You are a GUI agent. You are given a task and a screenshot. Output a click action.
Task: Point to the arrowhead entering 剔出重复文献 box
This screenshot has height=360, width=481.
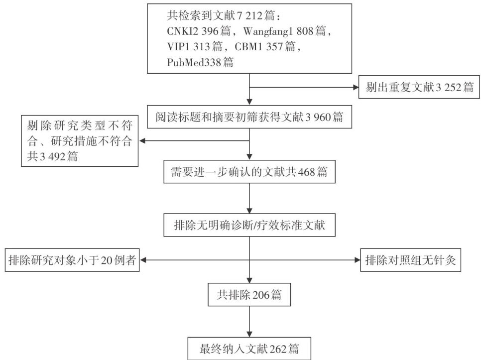(x=356, y=89)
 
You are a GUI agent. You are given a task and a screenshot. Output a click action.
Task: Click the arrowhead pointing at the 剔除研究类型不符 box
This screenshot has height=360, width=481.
(x=142, y=141)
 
